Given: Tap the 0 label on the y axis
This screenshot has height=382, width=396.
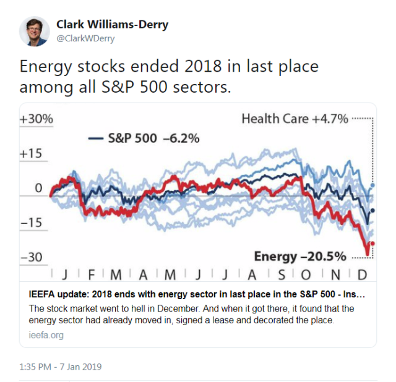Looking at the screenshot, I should pyautogui.click(x=38, y=188).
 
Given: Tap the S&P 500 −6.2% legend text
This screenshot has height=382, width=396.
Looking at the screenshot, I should pyautogui.click(x=153, y=138).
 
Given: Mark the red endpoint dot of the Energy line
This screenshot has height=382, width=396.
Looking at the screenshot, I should pyautogui.click(x=372, y=244).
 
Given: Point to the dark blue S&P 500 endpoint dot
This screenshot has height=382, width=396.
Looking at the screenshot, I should pyautogui.click(x=372, y=211).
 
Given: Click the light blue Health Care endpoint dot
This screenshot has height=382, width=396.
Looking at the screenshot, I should pyautogui.click(x=372, y=185).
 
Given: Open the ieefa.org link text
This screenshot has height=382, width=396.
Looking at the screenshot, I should pyautogui.click(x=46, y=336).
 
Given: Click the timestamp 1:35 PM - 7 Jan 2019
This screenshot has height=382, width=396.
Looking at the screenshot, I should pyautogui.click(x=60, y=367).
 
